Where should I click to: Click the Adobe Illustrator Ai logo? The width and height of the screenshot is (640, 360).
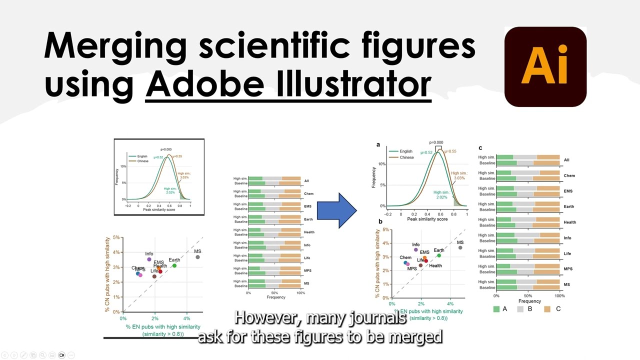point(545,66)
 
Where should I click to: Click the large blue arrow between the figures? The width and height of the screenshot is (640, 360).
point(336,210)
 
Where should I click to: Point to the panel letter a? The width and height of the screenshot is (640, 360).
point(378,144)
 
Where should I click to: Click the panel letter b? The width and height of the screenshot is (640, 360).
point(380,221)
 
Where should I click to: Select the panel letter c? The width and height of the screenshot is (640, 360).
point(480,147)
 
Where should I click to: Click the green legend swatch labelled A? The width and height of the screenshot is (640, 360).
point(496,309)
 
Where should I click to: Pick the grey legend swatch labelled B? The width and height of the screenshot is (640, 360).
point(521,309)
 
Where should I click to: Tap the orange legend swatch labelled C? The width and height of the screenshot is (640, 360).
point(546,309)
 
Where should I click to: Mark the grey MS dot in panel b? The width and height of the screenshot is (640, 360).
point(460,247)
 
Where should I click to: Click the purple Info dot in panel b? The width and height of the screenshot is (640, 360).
point(415,250)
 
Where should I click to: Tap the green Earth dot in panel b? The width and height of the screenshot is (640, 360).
point(439,255)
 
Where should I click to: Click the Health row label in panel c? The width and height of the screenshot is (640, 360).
point(569,222)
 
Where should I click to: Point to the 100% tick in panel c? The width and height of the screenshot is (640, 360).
point(559,295)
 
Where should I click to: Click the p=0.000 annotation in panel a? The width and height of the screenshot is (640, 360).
point(436,142)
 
